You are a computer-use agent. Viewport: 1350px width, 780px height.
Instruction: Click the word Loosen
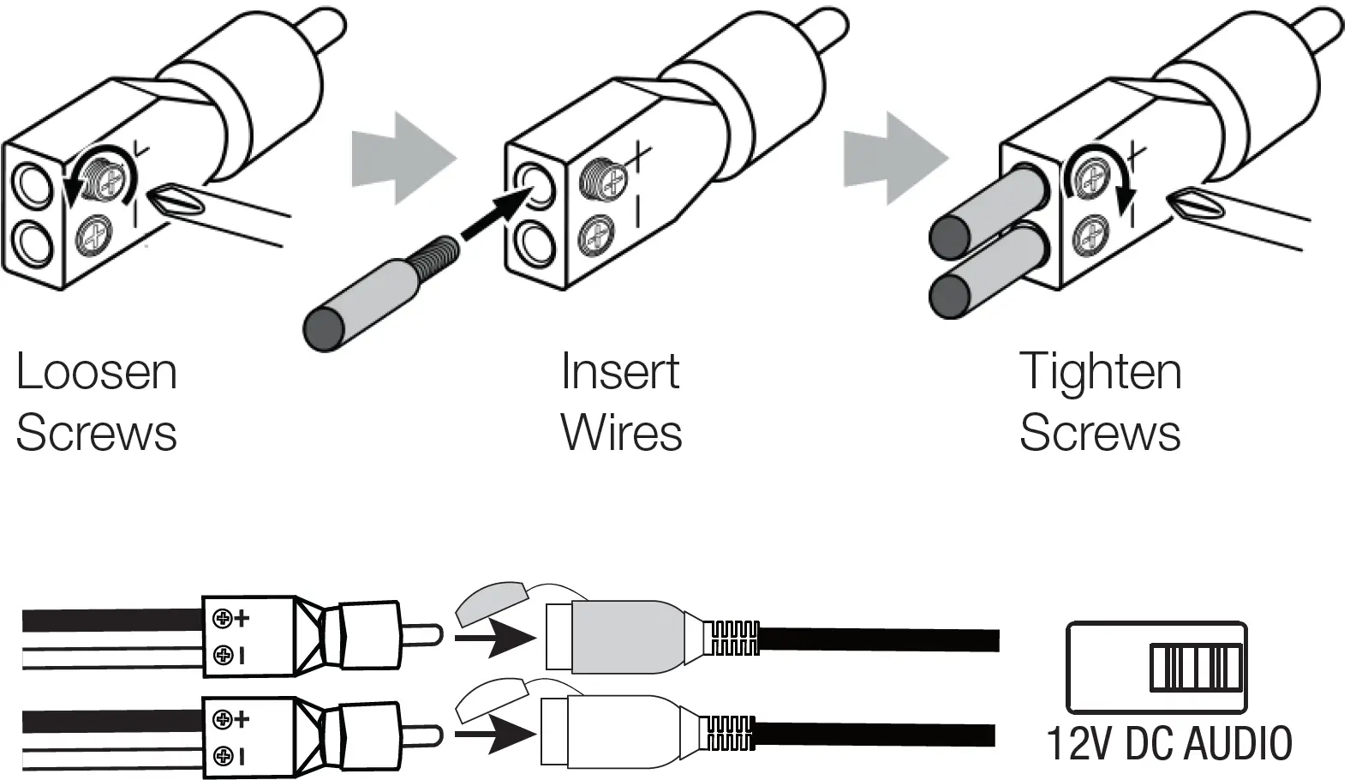pos(96,373)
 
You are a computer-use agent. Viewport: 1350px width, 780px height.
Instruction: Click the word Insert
pos(619,373)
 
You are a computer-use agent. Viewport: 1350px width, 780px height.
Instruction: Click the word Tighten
pos(1100,373)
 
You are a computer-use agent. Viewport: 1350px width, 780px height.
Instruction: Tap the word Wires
pos(621,433)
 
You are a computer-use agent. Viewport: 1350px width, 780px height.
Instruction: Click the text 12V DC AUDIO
pos(1168,743)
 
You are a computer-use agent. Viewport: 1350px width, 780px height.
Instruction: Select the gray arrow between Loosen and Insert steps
pos(401,159)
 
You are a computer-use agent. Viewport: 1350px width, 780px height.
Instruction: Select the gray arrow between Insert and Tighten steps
pos(894,159)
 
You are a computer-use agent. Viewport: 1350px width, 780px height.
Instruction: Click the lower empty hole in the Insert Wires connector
pos(536,243)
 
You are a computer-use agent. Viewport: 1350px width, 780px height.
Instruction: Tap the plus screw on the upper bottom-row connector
pos(224,618)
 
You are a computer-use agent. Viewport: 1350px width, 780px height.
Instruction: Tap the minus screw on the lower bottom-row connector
pos(224,755)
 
